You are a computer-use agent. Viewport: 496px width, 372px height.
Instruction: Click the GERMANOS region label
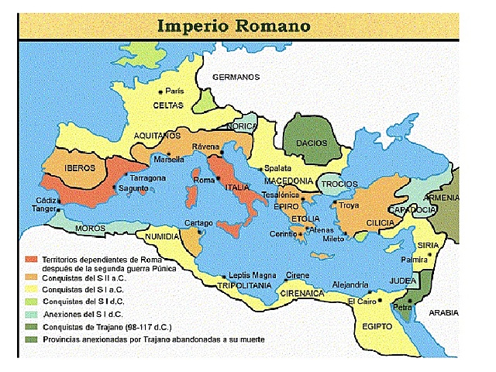236,77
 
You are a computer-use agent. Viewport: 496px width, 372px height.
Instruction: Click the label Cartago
198,223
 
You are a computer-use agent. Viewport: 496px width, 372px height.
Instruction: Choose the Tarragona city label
147,177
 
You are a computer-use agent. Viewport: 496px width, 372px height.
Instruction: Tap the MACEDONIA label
287,181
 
